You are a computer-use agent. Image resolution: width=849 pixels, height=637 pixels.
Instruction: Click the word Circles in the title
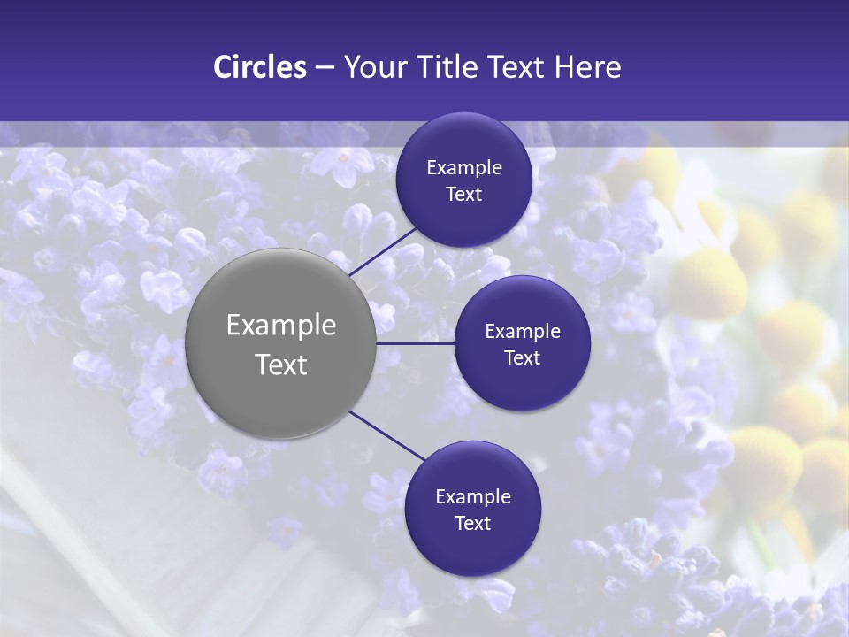pyautogui.click(x=260, y=67)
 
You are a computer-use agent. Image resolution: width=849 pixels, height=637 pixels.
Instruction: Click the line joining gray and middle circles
pyautogui.click(x=416, y=343)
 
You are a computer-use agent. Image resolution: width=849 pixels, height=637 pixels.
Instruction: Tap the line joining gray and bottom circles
pyautogui.click(x=387, y=436)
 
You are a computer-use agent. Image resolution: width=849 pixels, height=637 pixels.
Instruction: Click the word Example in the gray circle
pyautogui.click(x=281, y=326)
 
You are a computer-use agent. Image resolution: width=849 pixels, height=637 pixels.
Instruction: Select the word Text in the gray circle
pyautogui.click(x=281, y=365)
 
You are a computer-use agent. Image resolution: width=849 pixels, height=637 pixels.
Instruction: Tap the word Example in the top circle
pyautogui.click(x=464, y=168)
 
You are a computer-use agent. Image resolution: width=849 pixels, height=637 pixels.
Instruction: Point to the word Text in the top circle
pyautogui.click(x=463, y=195)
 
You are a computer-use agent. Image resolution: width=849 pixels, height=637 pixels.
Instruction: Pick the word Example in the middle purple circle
pyautogui.click(x=523, y=332)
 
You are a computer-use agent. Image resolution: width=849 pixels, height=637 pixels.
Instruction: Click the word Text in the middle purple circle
pyautogui.click(x=522, y=358)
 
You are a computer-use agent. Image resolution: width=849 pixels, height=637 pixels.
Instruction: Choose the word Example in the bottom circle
pyautogui.click(x=473, y=497)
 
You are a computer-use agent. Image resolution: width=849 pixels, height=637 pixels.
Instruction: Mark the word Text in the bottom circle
pyautogui.click(x=472, y=524)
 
